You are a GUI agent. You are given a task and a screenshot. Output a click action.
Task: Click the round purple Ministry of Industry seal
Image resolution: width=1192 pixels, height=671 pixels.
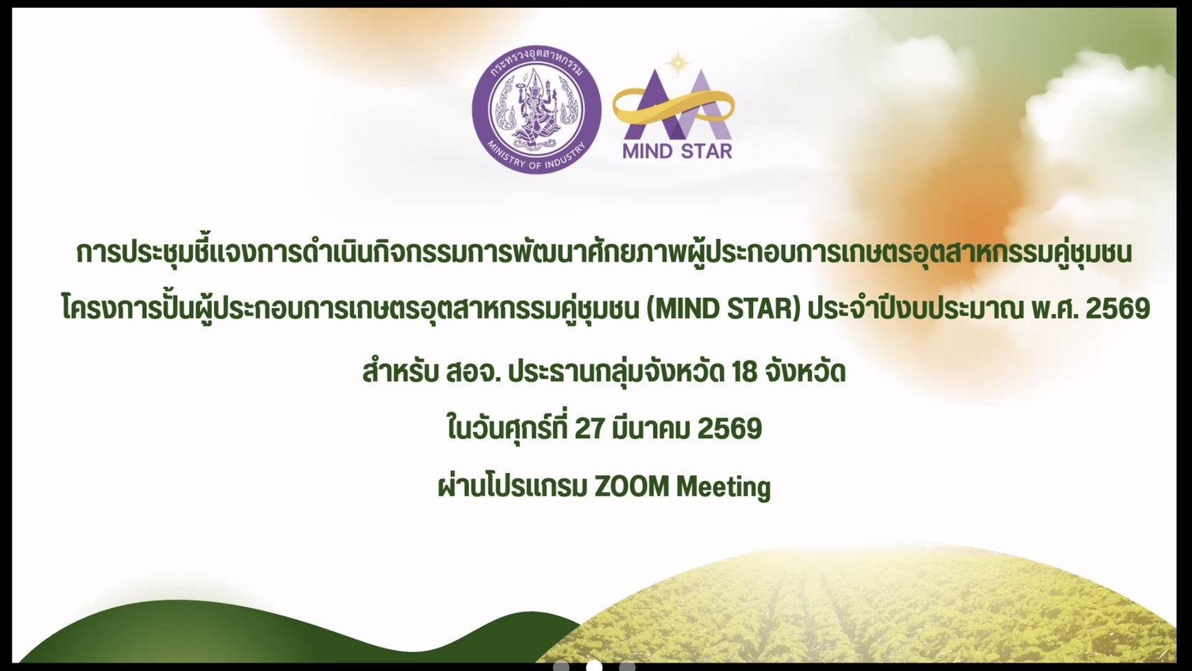coord(536,110)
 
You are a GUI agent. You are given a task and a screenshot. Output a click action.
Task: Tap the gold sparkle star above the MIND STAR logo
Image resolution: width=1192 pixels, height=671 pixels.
coord(678,64)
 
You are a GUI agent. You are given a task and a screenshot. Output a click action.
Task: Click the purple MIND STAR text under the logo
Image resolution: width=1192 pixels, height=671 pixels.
coord(677,151)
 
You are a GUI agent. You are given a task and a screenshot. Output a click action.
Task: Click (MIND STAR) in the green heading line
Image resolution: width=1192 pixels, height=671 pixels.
coord(723,309)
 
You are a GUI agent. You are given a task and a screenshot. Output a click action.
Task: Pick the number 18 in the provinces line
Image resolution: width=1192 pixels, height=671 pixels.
coord(745,372)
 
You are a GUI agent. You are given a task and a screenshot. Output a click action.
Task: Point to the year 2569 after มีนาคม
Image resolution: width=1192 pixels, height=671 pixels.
coord(730,428)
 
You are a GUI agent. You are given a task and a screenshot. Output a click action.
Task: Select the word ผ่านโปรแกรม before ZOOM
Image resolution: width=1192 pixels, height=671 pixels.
coord(512,486)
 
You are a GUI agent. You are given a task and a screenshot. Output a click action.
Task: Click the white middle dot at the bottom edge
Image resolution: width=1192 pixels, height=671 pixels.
coord(594,666)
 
